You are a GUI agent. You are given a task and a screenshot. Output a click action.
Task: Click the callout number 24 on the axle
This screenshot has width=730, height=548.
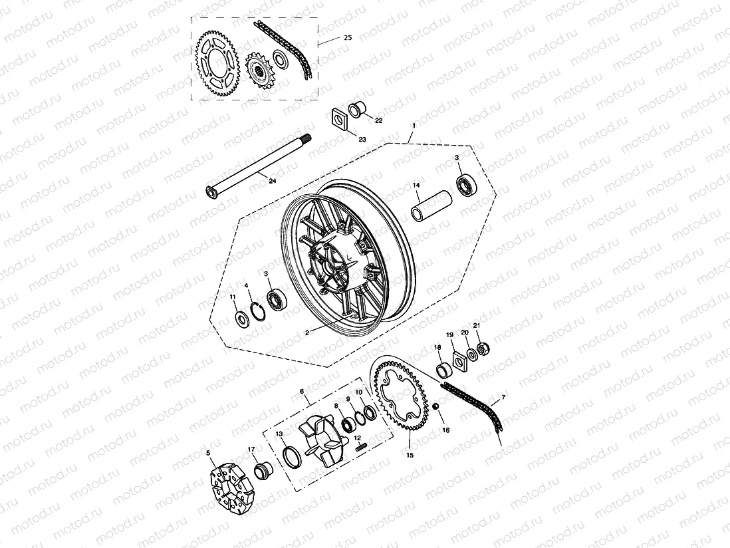click(x=272, y=180)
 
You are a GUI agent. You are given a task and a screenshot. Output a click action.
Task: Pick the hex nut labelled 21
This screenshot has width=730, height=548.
click(x=486, y=347)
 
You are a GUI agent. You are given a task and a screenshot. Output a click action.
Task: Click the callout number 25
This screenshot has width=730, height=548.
click(x=347, y=38)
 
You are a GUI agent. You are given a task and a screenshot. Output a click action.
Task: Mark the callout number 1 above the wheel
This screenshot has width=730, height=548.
click(x=414, y=125)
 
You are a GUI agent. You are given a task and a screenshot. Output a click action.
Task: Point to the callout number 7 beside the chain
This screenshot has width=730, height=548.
click(x=503, y=397)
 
